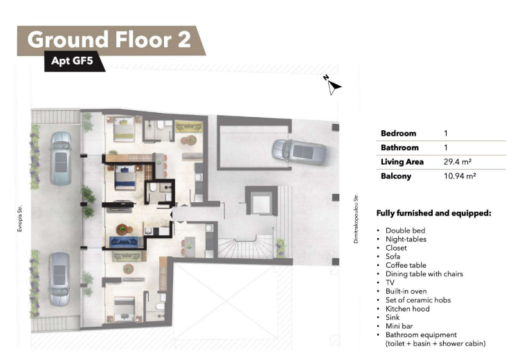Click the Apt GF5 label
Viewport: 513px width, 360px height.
(x=72, y=61)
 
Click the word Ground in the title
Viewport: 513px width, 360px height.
(x=68, y=39)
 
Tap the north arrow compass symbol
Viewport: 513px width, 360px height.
(x=332, y=85)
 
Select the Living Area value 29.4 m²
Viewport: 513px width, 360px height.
(x=458, y=162)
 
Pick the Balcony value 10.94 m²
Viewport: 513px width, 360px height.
(x=460, y=176)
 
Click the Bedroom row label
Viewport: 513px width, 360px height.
(x=399, y=133)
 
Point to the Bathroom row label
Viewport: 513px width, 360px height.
(x=399, y=147)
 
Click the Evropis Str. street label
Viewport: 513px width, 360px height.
(x=20, y=219)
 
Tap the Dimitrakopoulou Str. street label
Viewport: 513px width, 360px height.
(x=356, y=218)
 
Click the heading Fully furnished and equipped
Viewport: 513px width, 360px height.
(x=434, y=213)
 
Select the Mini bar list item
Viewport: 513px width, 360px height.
(x=399, y=326)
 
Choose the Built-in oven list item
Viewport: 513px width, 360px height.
(x=406, y=291)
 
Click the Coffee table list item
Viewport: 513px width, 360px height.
(x=406, y=265)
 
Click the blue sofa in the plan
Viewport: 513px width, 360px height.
(x=125, y=242)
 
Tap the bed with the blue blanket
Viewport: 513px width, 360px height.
(x=125, y=177)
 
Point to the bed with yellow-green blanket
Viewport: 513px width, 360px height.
(x=124, y=129)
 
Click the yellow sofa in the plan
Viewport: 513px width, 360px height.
(x=189, y=127)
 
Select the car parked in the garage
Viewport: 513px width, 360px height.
(x=298, y=152)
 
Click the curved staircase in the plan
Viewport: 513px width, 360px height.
(x=245, y=247)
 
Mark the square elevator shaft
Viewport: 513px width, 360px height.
(x=261, y=200)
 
